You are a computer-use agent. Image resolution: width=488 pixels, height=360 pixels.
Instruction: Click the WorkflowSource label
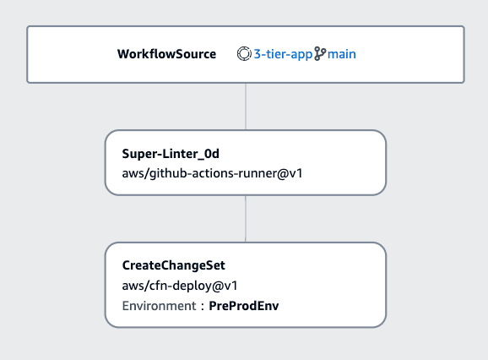point(166,54)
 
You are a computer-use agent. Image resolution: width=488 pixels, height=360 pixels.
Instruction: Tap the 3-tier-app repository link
point(283,54)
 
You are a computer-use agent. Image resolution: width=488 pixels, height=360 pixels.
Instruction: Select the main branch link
point(341,54)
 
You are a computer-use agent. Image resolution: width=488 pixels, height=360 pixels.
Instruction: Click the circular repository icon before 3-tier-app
point(244,53)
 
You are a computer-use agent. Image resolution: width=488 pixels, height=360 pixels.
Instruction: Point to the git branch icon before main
point(320,53)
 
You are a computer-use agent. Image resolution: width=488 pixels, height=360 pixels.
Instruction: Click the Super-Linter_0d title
point(171,154)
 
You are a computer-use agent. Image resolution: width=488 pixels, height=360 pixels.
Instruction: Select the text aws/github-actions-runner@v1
point(212,173)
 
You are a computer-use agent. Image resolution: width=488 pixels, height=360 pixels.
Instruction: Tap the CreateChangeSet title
point(173,265)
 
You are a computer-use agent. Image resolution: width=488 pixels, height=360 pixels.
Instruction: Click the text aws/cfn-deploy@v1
point(180,286)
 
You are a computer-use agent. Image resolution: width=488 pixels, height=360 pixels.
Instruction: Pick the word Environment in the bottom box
point(159,306)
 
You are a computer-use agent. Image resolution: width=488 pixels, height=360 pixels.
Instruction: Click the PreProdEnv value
point(244,306)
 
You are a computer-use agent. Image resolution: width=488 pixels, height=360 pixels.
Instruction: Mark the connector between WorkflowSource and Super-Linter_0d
point(246,106)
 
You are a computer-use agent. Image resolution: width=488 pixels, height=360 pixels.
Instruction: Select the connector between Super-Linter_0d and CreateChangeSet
point(246,219)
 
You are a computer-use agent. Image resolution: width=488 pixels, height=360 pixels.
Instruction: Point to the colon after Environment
point(203,307)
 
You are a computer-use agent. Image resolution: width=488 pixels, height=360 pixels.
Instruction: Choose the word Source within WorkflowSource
point(195,54)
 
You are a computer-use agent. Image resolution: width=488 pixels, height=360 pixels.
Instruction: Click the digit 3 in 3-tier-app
point(258,54)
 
